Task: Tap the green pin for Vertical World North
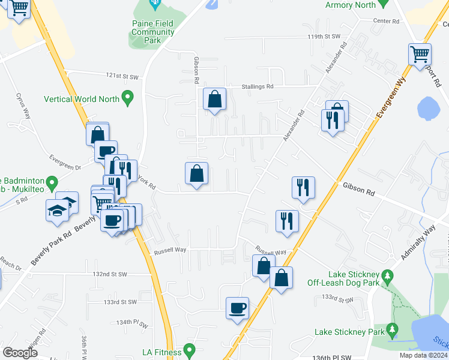click(x=127, y=97)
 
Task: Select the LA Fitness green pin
click(x=190, y=349)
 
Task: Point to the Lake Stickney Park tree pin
click(x=393, y=329)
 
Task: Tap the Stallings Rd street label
click(x=258, y=86)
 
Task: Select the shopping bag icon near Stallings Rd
click(x=214, y=99)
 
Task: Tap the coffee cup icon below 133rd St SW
click(x=238, y=308)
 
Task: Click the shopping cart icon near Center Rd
click(x=420, y=54)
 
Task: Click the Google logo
click(x=20, y=353)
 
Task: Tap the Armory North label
click(x=351, y=5)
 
